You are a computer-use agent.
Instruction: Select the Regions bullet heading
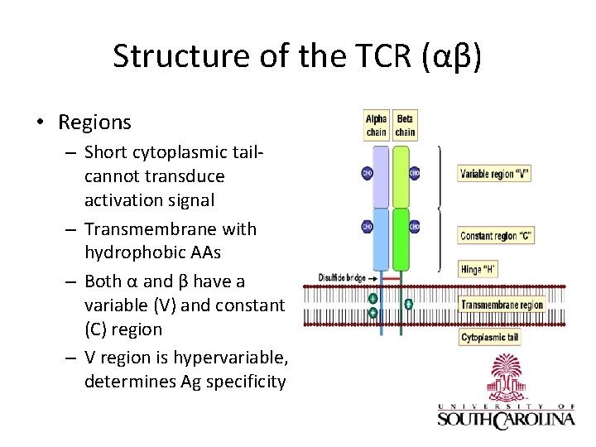click(94, 123)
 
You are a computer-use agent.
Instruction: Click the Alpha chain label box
click(377, 126)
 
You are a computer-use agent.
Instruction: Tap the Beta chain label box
click(405, 126)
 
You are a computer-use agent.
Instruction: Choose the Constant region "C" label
click(496, 236)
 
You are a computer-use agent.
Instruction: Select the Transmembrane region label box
click(502, 305)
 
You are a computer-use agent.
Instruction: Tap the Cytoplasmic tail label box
click(491, 338)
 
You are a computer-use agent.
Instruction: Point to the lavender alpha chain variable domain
click(380, 176)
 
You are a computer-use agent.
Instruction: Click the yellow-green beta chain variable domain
click(401, 176)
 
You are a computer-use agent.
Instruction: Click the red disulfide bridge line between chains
click(391, 278)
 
